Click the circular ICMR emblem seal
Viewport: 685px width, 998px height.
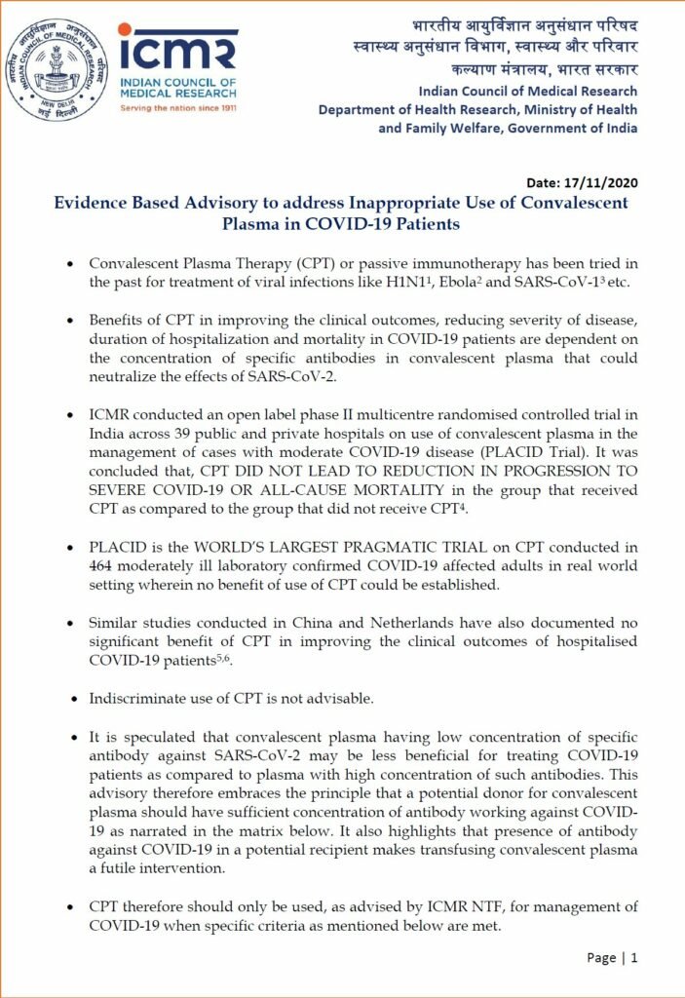[55, 71]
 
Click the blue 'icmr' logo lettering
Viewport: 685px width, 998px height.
[176, 50]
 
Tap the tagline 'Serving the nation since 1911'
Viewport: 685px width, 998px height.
[177, 109]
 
